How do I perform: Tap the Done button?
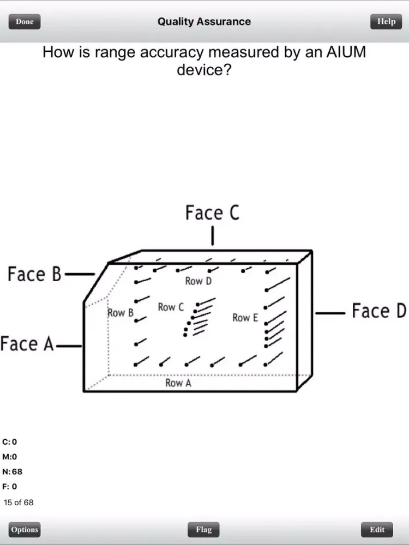(x=25, y=22)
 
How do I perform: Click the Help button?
(x=386, y=22)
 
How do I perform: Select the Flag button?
(x=203, y=529)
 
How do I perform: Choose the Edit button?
(x=377, y=529)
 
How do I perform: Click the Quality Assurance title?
(x=204, y=22)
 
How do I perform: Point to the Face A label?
(x=27, y=344)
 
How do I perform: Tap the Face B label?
(x=34, y=274)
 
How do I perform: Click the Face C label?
(x=212, y=213)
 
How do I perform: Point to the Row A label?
(x=178, y=383)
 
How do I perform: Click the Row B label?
(x=121, y=313)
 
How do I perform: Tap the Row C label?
(x=171, y=307)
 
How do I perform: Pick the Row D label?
(x=198, y=281)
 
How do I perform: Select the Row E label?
(x=245, y=317)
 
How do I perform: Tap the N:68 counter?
(x=13, y=471)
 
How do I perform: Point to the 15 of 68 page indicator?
(x=19, y=502)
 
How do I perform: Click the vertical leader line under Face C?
(x=212, y=237)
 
